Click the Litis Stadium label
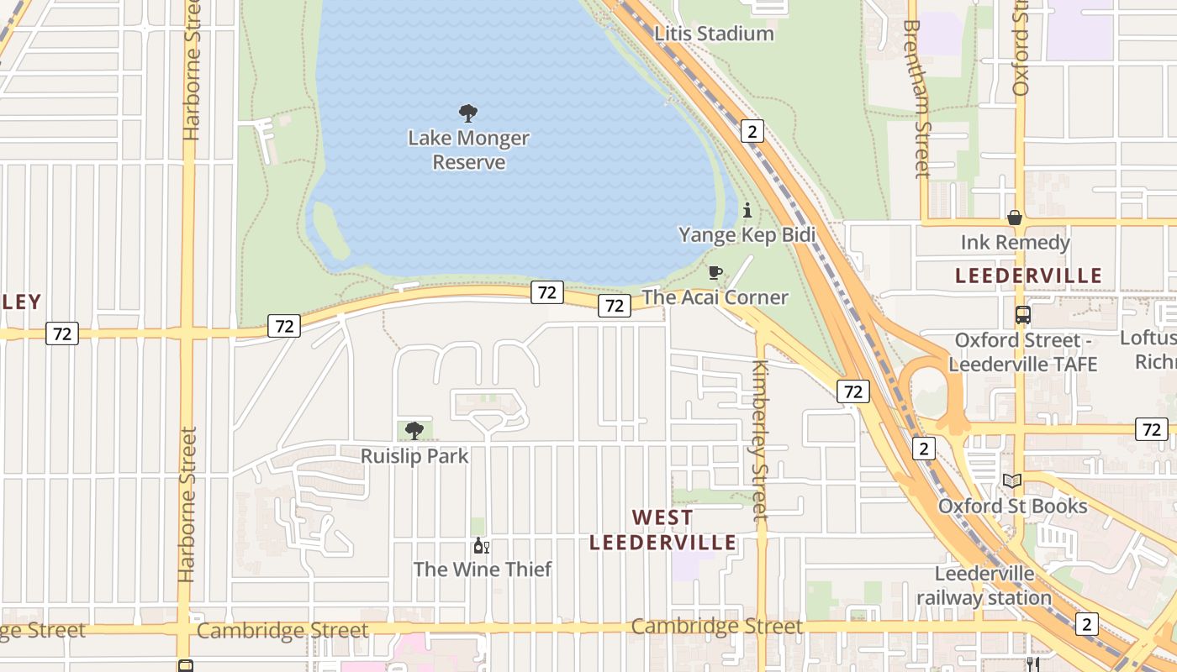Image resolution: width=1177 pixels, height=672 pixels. point(713,34)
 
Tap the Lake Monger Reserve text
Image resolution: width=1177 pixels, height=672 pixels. point(468,150)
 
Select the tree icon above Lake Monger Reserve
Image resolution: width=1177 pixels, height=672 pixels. point(468,113)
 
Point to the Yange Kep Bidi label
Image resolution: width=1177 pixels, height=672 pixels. point(747,234)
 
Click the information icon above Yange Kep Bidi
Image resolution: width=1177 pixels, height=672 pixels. point(747,210)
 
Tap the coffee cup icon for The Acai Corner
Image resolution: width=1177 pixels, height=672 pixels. point(715,272)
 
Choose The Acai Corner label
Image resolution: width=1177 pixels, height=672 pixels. point(715,297)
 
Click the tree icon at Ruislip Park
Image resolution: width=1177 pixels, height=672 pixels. point(414,431)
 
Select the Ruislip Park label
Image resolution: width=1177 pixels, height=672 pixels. point(414,456)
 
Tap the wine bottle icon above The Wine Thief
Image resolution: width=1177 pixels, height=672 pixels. point(481,545)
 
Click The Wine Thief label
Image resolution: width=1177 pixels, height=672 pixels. point(482,570)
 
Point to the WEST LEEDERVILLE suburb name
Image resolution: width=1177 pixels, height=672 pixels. point(662,530)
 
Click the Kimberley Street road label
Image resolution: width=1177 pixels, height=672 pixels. point(760,440)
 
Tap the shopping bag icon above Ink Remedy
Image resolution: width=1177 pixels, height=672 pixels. point(1015,218)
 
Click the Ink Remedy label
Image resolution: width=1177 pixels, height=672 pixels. point(1015,243)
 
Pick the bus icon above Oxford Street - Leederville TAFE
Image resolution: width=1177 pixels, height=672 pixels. point(1022,315)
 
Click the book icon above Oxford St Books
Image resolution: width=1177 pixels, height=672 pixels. point(1012,481)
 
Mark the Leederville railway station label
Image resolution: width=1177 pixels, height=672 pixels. point(984,585)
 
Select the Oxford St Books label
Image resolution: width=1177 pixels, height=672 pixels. point(1012,507)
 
